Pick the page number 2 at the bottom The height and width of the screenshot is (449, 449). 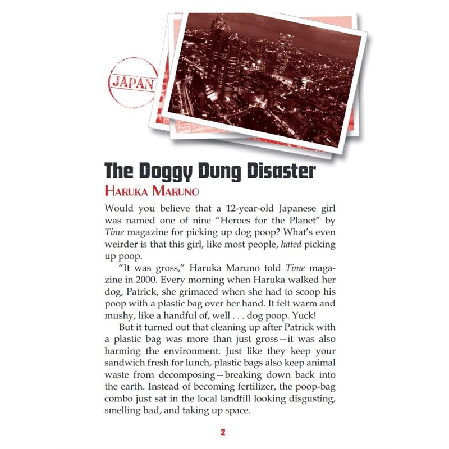coord(223,432)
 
